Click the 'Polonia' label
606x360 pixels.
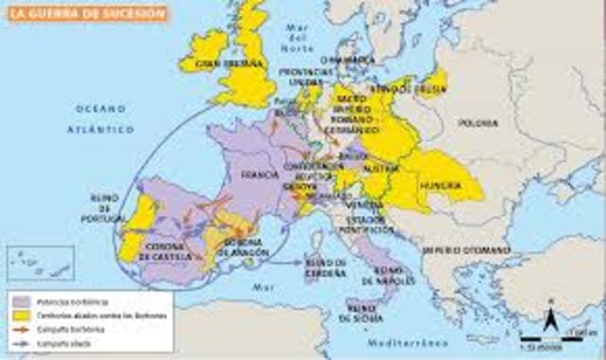[478, 124]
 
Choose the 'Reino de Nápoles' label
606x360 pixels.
[382, 276]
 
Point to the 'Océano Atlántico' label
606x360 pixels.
[100, 117]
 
